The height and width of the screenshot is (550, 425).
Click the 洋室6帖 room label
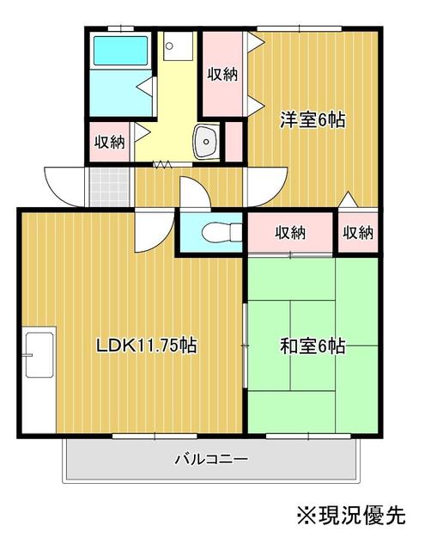pyautogui.click(x=313, y=120)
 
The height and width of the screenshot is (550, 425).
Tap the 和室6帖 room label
pyautogui.click(x=313, y=346)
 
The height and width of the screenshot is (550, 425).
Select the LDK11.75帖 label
pyautogui.click(x=146, y=346)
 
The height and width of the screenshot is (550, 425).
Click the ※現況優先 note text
pyautogui.click(x=350, y=515)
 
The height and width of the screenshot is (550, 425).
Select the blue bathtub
pyautogui.click(x=120, y=52)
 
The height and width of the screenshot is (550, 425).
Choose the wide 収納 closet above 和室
pyautogui.click(x=290, y=232)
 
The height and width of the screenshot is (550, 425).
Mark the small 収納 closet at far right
pyautogui.click(x=357, y=232)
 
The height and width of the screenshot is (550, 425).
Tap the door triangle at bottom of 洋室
pyautogui.click(x=347, y=199)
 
